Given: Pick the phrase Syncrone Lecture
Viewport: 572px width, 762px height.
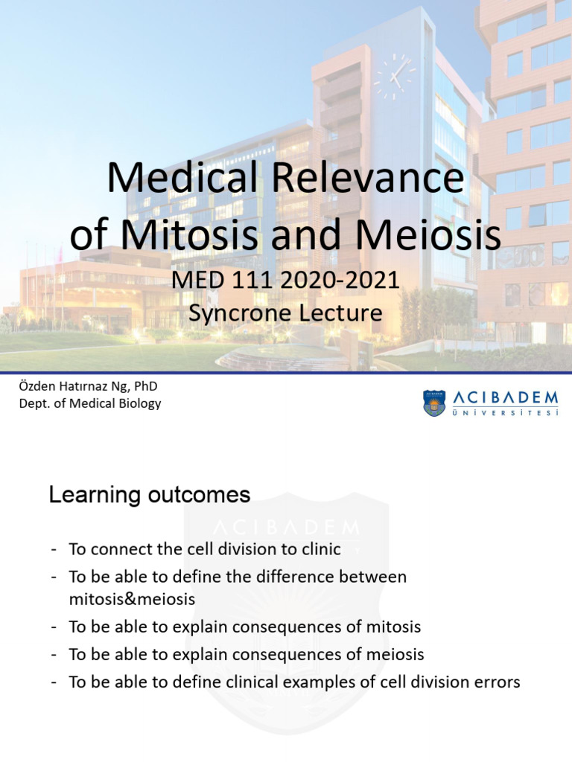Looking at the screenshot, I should [285, 313].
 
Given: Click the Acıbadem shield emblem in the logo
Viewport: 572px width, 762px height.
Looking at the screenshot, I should [434, 403].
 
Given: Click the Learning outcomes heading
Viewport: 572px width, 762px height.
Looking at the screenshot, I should [150, 495].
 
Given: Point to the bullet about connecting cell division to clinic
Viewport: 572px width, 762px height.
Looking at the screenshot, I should [204, 549].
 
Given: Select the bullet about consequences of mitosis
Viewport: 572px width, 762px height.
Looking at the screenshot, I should [244, 627].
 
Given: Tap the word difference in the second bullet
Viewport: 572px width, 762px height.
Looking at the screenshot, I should [304, 577].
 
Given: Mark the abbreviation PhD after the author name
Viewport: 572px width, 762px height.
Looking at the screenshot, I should [147, 386].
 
